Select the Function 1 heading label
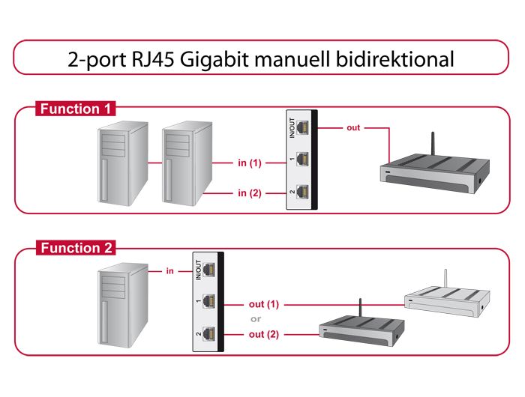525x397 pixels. click(x=75, y=109)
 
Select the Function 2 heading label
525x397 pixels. click(x=75, y=248)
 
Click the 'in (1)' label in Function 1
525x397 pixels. click(x=249, y=163)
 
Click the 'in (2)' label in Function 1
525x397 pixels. click(x=249, y=193)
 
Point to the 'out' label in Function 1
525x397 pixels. click(x=353, y=128)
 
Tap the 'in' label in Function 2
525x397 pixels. click(x=170, y=271)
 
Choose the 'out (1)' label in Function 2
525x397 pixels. click(x=263, y=305)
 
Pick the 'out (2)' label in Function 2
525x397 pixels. click(x=263, y=334)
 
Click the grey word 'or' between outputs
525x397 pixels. click(x=256, y=319)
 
